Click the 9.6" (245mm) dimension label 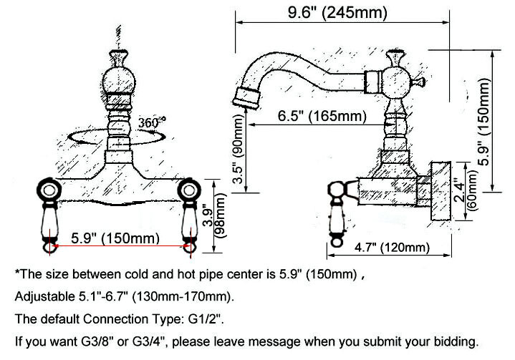(337, 12)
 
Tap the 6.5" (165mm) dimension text (322, 116)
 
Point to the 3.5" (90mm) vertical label (239, 149)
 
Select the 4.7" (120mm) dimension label (392, 247)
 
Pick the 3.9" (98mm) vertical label (214, 215)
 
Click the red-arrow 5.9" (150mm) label (115, 238)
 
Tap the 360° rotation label (151, 122)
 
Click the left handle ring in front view (49, 190)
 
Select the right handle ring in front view (189, 190)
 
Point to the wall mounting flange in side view (441, 190)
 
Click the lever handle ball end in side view (336, 242)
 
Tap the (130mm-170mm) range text (183, 297)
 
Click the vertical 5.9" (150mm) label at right (485, 122)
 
